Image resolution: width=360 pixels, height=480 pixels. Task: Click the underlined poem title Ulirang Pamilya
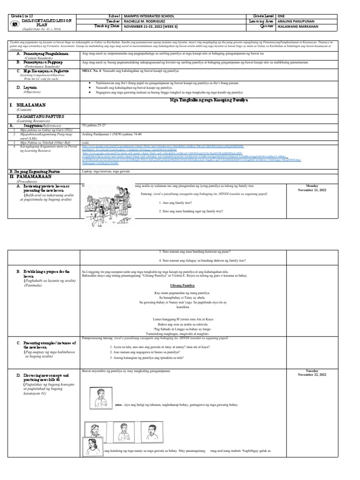(182, 285)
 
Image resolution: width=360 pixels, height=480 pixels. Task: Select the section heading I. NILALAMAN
(27, 106)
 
